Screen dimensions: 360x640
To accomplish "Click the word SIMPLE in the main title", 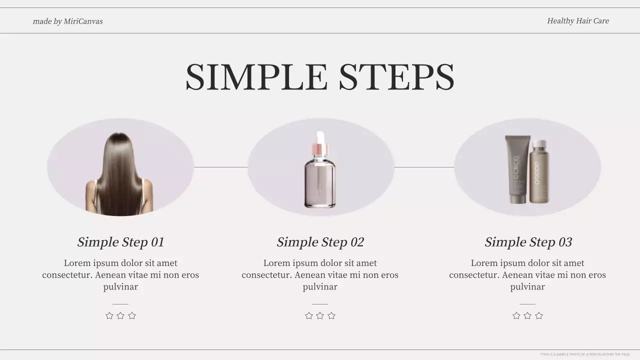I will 256,77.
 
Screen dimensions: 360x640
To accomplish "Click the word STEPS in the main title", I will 396,77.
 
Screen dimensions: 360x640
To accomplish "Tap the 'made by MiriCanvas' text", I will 67,21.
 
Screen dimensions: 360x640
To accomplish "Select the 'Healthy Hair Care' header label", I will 577,21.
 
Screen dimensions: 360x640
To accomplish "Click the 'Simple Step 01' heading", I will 120,242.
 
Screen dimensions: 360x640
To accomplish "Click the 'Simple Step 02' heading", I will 320,242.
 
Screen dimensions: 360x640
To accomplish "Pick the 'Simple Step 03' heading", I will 528,242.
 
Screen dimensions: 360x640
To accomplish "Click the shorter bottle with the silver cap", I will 539,172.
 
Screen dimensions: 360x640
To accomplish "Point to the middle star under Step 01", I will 120,315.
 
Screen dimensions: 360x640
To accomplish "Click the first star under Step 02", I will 309,315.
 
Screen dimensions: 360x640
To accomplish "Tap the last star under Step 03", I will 538,315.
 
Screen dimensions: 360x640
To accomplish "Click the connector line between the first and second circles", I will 220,167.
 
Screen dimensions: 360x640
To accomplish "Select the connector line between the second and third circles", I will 424,167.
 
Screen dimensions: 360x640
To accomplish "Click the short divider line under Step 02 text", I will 320,303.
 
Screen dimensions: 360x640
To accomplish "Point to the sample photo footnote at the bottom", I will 584,354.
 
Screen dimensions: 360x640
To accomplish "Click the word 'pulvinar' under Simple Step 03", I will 527,287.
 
